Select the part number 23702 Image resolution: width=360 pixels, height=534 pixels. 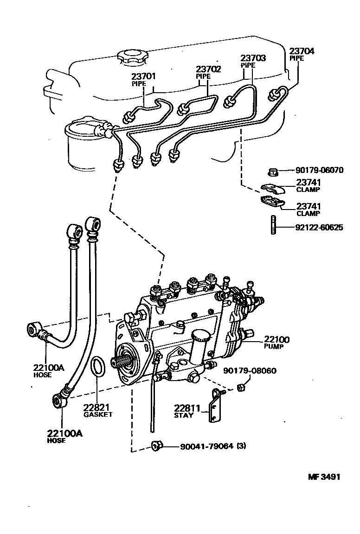[x=208, y=69]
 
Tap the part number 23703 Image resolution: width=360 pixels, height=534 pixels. [x=253, y=58]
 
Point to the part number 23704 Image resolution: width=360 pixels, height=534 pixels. [x=302, y=51]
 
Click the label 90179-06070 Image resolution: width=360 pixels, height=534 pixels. [x=319, y=170]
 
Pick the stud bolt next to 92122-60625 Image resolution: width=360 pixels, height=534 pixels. [x=273, y=225]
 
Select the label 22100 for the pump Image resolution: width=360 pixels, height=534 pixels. [x=277, y=339]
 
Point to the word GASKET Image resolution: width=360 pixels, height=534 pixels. [x=98, y=414]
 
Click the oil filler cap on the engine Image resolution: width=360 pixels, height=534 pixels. [x=132, y=58]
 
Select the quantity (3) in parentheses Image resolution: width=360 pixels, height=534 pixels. [x=241, y=447]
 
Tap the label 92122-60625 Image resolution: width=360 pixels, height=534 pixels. [x=319, y=228]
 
